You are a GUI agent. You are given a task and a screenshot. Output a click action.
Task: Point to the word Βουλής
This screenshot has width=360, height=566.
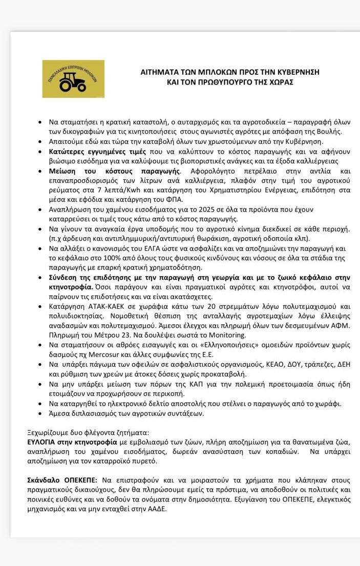(330, 132)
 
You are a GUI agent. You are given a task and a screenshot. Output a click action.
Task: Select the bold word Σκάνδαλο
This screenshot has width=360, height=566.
(45, 480)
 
